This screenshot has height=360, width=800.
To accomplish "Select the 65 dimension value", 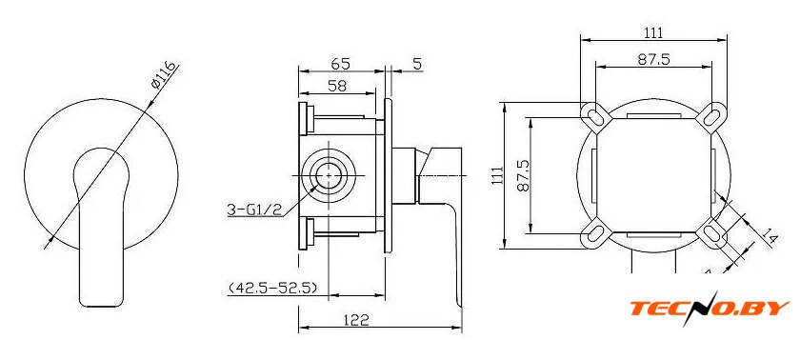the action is (x=340, y=64).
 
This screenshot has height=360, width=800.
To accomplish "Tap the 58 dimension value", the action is (x=337, y=86).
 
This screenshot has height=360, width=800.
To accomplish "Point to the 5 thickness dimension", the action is (x=417, y=64).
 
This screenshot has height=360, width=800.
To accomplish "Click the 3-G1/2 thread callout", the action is (x=255, y=210).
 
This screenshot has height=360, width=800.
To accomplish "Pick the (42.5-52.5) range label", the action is (x=272, y=288).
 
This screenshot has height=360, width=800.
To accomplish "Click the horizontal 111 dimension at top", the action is (x=653, y=33).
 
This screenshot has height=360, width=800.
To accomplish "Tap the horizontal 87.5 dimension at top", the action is (x=653, y=60).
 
